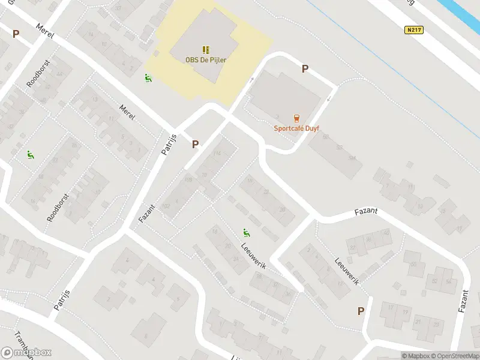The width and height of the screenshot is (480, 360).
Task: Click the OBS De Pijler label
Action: click(x=206, y=59)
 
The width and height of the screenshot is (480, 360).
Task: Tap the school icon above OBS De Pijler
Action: click(x=206, y=49)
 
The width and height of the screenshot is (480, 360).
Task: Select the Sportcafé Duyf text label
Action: click(x=296, y=128)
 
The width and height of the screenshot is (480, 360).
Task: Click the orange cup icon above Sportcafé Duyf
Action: click(x=296, y=118)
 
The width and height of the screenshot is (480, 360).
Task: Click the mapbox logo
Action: click(x=26, y=353)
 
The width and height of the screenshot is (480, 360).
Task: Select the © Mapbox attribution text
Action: click(x=415, y=356)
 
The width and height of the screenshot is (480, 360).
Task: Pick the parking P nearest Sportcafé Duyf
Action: click(x=305, y=69)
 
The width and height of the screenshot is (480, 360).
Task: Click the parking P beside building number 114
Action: click(x=195, y=144)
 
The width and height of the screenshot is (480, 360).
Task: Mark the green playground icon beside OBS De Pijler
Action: click(x=148, y=77)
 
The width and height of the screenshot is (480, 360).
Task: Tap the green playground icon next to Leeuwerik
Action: click(x=245, y=232)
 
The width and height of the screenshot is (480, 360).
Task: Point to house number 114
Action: click(x=217, y=154)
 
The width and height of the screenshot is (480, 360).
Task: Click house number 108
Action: click(x=188, y=180)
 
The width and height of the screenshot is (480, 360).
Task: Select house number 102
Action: click(x=166, y=206)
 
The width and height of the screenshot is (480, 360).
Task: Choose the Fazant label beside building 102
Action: click(x=147, y=214)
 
